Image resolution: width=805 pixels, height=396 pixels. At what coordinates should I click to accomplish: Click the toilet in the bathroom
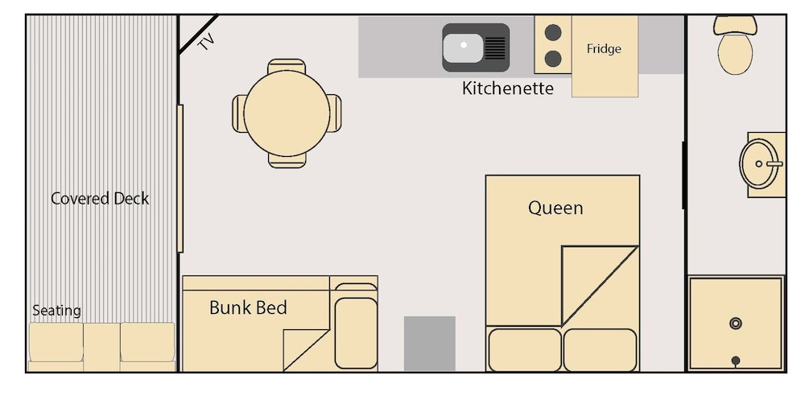click(735, 45)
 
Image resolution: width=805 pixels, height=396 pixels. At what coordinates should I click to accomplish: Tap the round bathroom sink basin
click(759, 164)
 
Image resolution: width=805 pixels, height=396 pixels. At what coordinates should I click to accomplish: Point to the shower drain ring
click(736, 323)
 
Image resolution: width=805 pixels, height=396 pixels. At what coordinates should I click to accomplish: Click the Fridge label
click(604, 49)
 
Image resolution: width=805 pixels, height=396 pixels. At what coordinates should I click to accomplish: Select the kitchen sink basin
click(463, 47)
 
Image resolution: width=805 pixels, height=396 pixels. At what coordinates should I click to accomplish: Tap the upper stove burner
click(553, 33)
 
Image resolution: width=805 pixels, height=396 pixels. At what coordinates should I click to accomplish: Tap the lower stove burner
click(553, 59)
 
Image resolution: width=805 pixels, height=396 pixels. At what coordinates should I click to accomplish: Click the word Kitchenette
click(508, 89)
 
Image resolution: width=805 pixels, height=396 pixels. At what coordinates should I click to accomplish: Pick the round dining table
click(287, 113)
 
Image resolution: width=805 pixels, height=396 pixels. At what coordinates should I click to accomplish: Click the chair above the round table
click(287, 66)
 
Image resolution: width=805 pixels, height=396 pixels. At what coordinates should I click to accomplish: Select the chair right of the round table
click(334, 113)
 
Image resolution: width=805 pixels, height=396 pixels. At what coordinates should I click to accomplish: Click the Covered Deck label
click(100, 198)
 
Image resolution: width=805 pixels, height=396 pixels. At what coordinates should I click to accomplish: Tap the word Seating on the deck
click(56, 311)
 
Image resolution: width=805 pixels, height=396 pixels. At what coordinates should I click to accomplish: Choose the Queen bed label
click(555, 208)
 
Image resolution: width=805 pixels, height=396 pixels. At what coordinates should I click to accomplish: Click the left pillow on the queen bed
click(525, 350)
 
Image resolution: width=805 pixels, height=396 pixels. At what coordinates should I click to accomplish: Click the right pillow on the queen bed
click(601, 350)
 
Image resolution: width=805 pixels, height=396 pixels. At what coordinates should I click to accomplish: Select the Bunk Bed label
click(248, 307)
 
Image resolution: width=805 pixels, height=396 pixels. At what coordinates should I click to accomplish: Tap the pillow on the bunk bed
click(356, 333)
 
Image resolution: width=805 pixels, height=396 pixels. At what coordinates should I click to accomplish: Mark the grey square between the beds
click(429, 343)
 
